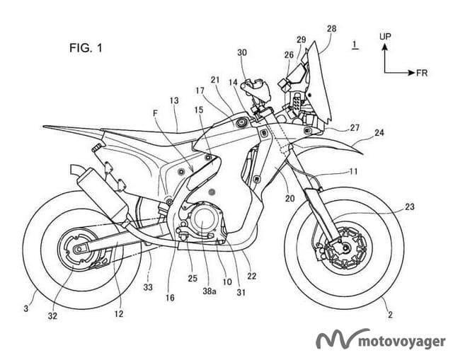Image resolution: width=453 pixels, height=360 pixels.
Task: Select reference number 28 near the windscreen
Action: pos(332,28)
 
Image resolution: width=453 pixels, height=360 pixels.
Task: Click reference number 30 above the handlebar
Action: pos(243,52)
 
